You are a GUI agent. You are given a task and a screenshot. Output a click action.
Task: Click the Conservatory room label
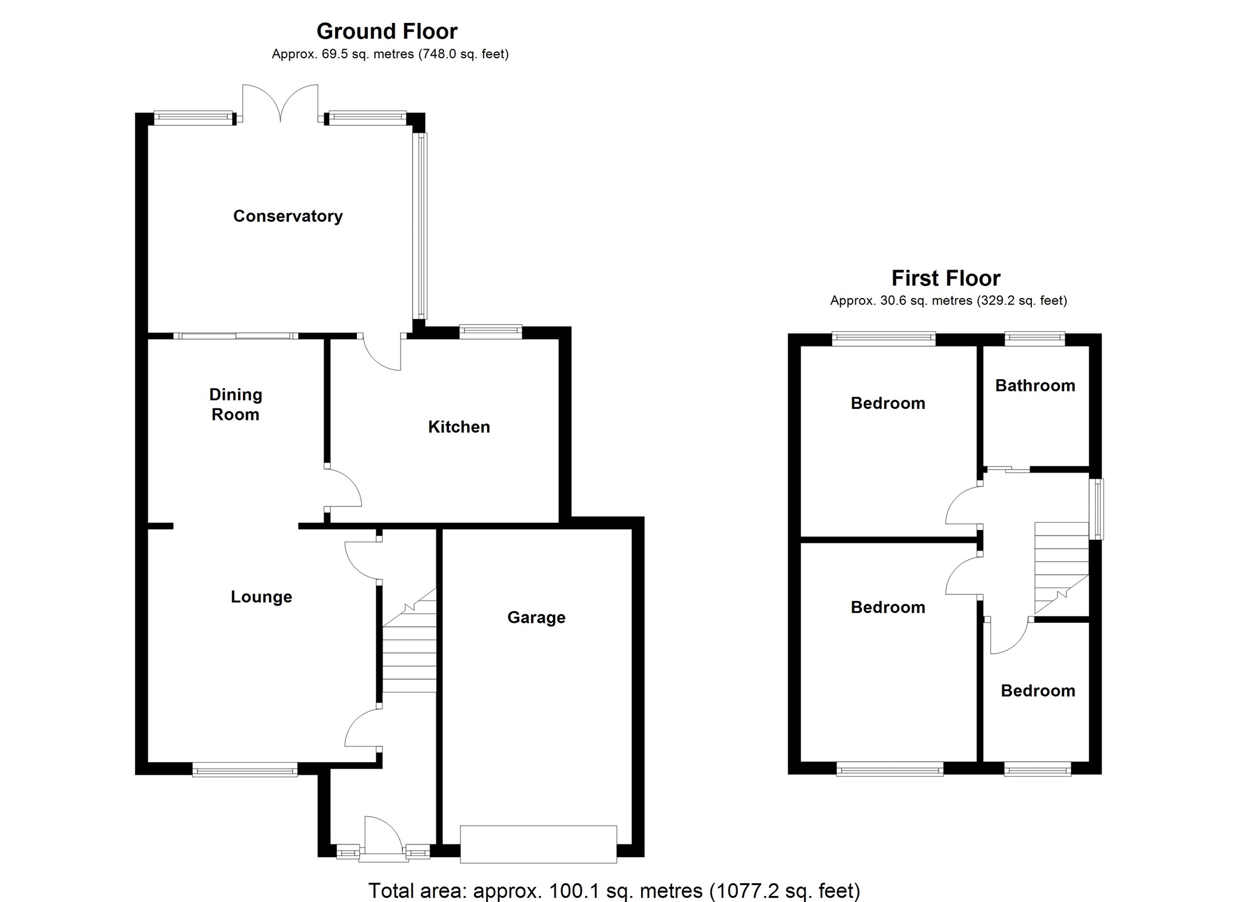point(288,216)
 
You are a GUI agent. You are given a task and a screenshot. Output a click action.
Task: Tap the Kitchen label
point(459,427)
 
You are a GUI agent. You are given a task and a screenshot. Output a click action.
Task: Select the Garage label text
point(536,617)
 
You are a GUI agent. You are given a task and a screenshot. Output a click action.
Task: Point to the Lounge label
point(261,597)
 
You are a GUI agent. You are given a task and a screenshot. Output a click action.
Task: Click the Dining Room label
point(235,404)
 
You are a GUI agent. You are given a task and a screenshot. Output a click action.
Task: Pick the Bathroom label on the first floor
point(1035,385)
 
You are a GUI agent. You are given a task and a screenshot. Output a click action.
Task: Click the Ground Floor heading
point(387,31)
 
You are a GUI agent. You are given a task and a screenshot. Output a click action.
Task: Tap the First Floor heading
point(945,278)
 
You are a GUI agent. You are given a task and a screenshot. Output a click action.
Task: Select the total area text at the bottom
point(614,890)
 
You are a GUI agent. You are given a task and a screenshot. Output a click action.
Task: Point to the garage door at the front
point(538,843)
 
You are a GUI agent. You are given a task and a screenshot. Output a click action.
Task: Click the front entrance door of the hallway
point(383,839)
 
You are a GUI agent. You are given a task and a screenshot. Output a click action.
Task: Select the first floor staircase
point(1061,567)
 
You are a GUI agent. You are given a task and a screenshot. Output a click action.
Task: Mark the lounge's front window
point(245,771)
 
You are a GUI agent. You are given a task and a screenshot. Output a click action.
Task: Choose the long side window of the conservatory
point(421,225)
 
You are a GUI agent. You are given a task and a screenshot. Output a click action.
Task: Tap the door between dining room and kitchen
point(342,488)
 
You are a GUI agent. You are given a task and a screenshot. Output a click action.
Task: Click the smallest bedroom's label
point(1037,691)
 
